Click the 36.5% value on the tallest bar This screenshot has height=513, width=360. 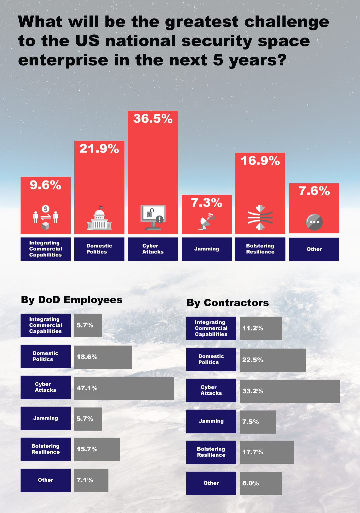point(153,119)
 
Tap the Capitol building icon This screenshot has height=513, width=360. point(99,219)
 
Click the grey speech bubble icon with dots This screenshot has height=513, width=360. point(314,222)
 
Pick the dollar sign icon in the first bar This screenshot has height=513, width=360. point(46,209)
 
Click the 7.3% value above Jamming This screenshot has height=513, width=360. point(206,203)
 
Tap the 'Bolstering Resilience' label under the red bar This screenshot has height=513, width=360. point(260,249)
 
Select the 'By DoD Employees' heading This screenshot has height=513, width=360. point(72,300)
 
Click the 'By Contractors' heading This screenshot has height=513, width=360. point(228,303)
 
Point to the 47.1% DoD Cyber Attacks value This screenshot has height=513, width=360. point(87,388)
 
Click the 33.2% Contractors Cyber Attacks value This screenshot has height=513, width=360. point(253,391)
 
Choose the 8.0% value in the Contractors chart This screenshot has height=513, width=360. point(251,483)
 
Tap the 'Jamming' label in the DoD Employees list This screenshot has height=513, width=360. point(46,418)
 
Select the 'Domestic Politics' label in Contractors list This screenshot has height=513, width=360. point(211,359)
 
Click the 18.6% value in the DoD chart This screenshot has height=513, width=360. point(87,357)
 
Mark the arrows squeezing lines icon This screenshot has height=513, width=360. point(260,217)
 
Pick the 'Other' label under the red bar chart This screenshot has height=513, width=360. point(314,249)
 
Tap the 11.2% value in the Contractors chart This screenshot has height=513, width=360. point(253,328)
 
